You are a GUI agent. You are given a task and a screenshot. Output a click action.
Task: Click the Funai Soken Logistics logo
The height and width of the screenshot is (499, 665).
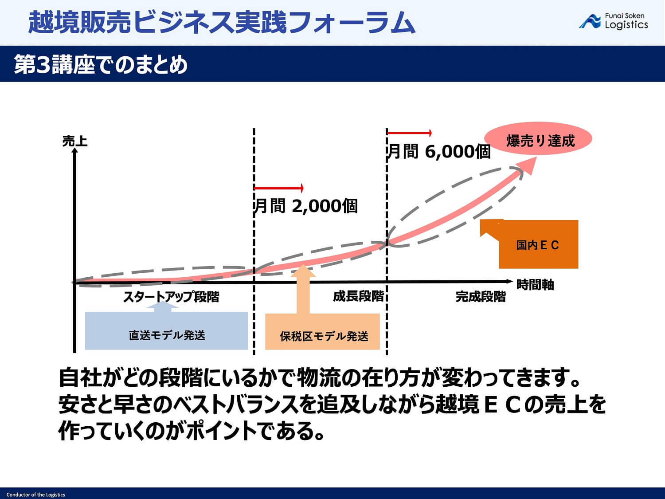614,21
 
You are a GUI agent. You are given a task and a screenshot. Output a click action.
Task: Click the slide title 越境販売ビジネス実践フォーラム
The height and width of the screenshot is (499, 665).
222,22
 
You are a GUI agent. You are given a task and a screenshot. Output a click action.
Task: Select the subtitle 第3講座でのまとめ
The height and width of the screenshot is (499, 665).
101,65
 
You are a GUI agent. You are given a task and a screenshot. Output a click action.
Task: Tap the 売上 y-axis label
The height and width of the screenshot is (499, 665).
75,141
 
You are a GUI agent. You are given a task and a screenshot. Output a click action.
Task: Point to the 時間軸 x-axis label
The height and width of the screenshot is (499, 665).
535,284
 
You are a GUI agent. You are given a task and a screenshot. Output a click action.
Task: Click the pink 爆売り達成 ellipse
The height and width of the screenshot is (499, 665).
538,139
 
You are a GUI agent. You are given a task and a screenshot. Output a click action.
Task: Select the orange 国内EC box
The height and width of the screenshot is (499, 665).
538,245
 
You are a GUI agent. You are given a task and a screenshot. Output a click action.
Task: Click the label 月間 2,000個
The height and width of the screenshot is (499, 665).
306,206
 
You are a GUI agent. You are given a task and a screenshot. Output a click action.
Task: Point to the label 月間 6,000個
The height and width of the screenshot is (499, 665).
439,152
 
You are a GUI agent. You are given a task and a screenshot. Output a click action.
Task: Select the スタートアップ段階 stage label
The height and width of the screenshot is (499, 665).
171,296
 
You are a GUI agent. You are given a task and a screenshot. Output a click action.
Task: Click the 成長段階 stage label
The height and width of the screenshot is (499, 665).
358,296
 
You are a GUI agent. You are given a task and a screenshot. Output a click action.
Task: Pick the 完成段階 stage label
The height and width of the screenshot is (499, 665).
481,296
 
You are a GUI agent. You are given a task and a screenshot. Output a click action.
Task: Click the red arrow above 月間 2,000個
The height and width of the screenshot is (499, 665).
279,188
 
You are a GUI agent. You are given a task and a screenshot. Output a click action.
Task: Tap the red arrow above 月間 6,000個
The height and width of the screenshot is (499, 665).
409,133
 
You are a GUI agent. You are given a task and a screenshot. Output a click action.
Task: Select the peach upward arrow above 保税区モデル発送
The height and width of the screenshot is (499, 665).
303,288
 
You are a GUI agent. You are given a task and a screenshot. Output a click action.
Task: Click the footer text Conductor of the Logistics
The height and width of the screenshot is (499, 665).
35,495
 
